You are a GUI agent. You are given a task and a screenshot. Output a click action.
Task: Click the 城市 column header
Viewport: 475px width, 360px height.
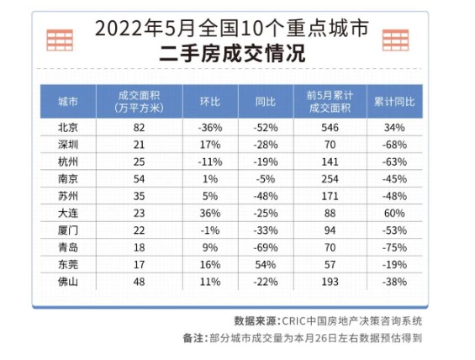(68, 102)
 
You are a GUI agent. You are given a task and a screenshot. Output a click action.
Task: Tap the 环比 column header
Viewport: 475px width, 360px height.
(210, 102)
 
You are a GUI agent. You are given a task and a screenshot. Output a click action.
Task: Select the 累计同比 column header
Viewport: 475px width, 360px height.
(394, 102)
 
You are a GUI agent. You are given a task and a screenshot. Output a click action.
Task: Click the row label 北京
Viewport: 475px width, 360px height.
(68, 128)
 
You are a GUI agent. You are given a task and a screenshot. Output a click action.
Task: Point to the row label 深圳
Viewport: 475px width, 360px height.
(68, 145)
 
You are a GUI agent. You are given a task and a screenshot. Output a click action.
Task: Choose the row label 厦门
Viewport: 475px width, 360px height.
(68, 230)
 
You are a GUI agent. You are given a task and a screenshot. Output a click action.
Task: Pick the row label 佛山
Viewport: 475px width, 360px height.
(68, 282)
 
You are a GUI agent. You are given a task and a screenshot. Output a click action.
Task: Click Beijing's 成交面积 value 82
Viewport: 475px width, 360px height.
(139, 128)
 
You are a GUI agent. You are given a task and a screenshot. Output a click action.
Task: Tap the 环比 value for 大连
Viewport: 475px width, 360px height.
(210, 214)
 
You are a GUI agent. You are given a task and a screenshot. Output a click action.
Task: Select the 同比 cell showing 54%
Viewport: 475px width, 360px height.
(266, 265)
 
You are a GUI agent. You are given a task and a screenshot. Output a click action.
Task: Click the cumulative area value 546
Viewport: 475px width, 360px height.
(330, 128)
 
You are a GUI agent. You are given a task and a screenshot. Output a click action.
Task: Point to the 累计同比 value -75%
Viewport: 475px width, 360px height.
(394, 248)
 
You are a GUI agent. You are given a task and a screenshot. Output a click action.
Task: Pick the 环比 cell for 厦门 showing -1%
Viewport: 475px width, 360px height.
(210, 230)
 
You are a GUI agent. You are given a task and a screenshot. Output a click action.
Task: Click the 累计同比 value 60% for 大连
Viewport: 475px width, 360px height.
(394, 214)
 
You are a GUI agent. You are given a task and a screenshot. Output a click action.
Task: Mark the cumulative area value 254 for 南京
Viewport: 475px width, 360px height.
(330, 179)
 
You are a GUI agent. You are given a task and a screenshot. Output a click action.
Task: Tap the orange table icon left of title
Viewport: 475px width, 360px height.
(60, 40)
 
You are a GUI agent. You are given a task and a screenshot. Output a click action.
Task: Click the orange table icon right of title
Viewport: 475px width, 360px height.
(396, 40)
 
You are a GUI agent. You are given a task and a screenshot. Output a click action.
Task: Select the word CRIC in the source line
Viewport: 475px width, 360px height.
(293, 321)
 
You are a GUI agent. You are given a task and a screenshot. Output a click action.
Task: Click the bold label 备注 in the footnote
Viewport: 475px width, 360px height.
(193, 338)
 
